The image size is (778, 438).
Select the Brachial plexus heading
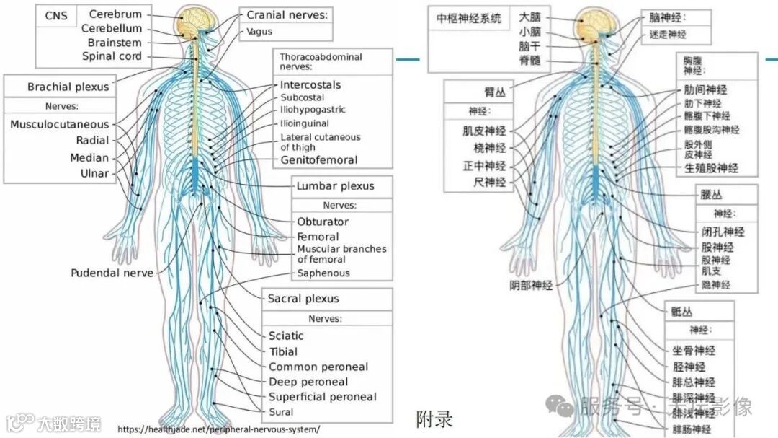(68, 87)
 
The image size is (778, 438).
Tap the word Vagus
(259, 32)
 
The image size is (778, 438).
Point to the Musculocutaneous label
(60, 124)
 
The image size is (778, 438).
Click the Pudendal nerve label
(112, 273)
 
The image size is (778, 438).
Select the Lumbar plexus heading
(336, 185)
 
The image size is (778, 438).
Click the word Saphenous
(323, 273)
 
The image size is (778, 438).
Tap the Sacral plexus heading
(303, 298)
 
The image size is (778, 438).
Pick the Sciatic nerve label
(286, 336)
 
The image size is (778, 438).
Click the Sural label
(281, 412)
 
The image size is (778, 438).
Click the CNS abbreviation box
(58, 14)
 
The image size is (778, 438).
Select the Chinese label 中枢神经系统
(468, 19)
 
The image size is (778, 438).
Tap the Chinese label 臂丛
(494, 91)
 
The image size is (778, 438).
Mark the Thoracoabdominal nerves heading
(321, 61)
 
